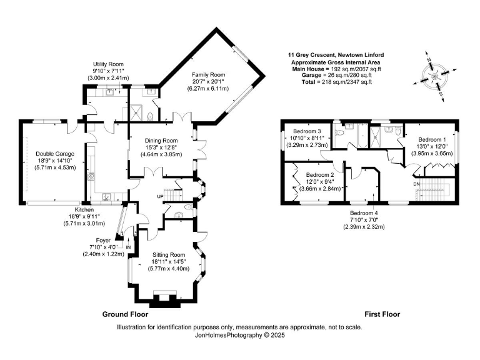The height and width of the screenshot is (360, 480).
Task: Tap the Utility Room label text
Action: [x=107, y=64]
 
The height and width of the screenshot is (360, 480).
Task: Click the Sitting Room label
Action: [x=169, y=255]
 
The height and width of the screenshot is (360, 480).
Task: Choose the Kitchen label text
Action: [x=84, y=209]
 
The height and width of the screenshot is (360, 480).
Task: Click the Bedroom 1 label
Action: [x=432, y=139]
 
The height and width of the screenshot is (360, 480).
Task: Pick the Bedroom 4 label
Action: [x=363, y=212]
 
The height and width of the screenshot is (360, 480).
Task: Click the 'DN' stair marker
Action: [x=416, y=184]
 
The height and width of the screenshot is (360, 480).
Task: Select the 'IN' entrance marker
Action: [x=129, y=247]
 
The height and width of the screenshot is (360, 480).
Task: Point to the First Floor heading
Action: [x=382, y=314]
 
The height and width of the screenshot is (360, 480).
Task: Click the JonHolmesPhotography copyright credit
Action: [x=239, y=335]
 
